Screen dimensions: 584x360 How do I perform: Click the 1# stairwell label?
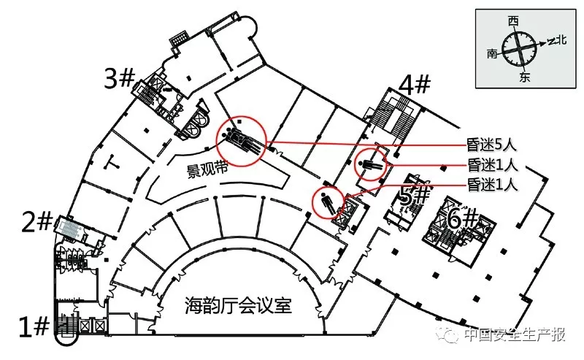tap(34, 327)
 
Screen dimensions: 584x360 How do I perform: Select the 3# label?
tap(119, 79)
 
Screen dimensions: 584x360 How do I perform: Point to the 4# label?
tap(415, 85)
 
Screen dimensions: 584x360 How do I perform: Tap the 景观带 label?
tap(207, 169)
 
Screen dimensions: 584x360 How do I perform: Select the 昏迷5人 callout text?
tap(491, 145)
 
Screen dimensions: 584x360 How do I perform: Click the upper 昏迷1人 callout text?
tap(492, 165)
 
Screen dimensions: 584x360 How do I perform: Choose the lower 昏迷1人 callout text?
tap(492, 185)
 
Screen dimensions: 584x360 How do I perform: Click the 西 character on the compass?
tap(513, 21)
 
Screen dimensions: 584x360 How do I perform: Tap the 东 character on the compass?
tap(524, 77)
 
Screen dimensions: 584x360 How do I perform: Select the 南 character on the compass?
tap(492, 53)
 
